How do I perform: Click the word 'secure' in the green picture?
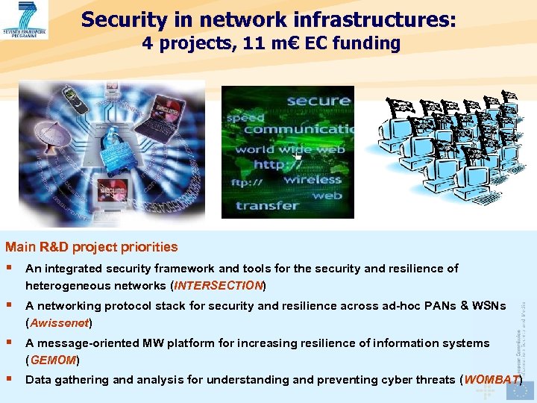coord(318,101)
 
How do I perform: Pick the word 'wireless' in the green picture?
coord(312,179)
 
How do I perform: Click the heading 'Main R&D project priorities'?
coord(92,247)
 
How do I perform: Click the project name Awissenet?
coord(59,323)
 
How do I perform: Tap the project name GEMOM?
coord(51,360)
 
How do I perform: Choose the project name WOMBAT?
coord(492,379)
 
